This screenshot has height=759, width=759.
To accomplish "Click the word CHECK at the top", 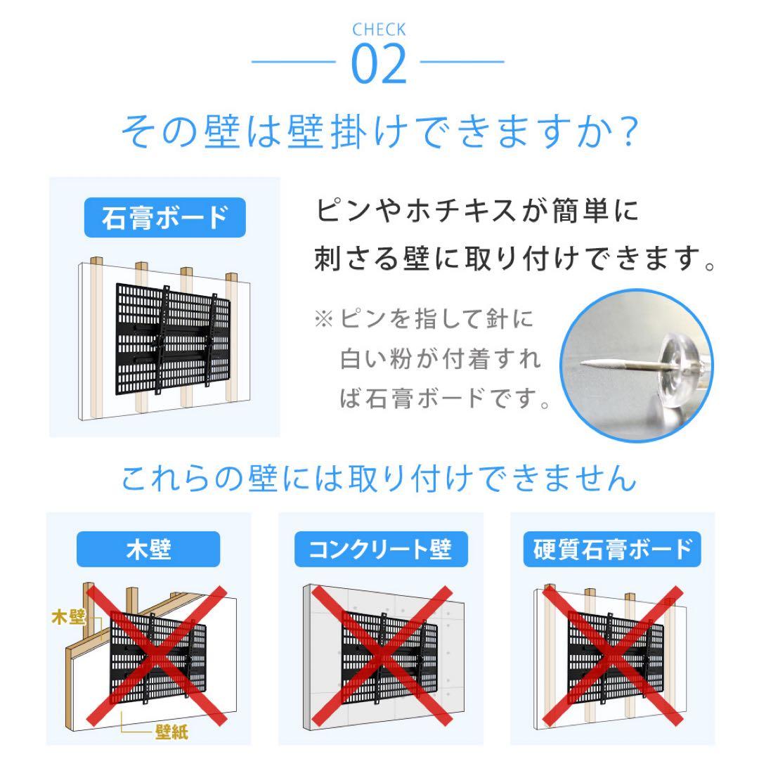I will (379, 30).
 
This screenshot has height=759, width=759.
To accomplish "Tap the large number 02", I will (379, 64).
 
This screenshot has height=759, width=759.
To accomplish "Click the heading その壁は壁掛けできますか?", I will (379, 132).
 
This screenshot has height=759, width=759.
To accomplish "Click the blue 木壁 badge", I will (148, 549).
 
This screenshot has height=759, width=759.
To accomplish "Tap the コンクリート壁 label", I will (380, 549).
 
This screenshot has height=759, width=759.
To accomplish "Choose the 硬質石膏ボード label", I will (612, 549).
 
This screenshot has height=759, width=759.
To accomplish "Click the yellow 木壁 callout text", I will (68, 618).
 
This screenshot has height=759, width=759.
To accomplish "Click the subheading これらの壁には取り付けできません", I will (379, 479).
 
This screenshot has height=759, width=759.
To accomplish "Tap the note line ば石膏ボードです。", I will (445, 399).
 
